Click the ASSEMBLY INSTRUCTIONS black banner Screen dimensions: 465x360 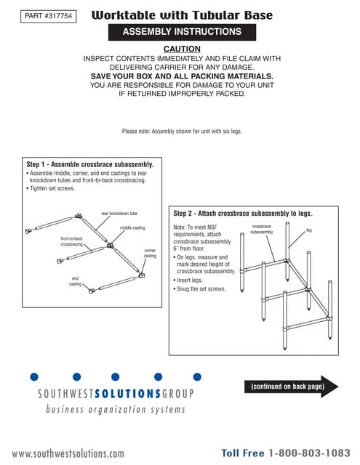(x=182, y=32)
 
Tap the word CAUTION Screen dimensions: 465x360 (x=182, y=48)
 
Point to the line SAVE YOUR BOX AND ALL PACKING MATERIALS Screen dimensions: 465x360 (x=182, y=76)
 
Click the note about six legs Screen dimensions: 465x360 (x=181, y=131)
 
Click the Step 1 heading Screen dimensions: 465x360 (x=89, y=164)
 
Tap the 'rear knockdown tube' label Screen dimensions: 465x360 (x=119, y=213)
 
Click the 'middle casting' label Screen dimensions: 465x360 (x=132, y=228)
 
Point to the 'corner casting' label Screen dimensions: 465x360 (x=149, y=253)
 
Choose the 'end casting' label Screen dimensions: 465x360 (x=75, y=281)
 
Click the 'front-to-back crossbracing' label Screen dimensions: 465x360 (x=71, y=241)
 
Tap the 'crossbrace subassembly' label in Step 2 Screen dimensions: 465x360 (x=261, y=230)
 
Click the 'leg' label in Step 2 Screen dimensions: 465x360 (x=308, y=230)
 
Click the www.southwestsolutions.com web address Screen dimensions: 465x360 (x=68, y=453)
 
